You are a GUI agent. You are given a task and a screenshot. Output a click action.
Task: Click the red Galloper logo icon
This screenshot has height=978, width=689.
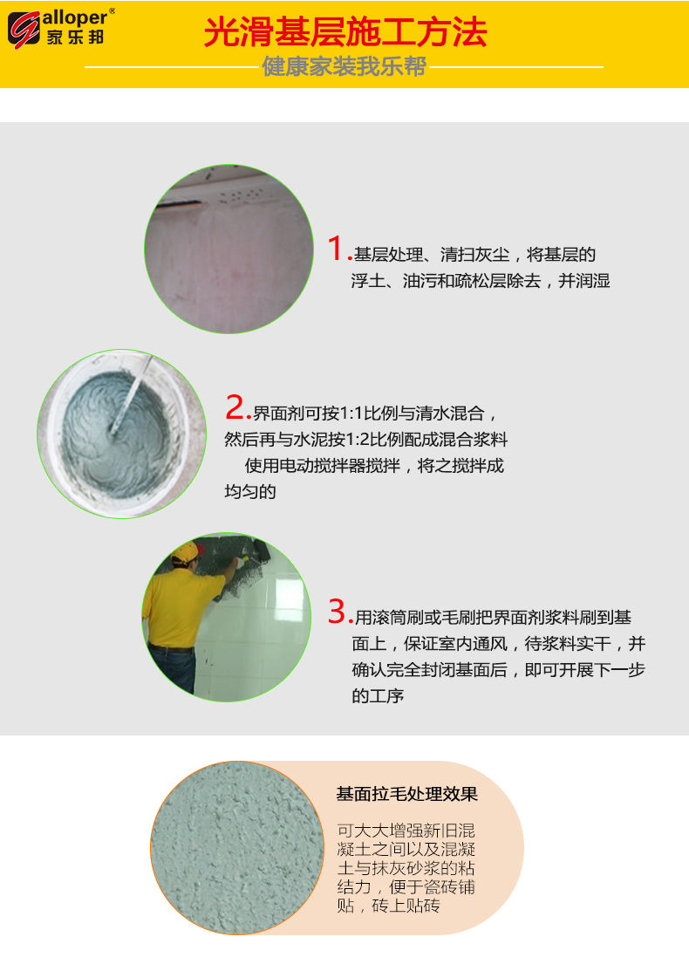(x=24, y=30)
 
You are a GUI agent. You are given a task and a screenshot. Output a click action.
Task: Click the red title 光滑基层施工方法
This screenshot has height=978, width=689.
(x=344, y=32)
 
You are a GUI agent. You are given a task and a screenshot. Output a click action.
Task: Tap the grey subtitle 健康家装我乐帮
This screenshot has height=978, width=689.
(x=344, y=66)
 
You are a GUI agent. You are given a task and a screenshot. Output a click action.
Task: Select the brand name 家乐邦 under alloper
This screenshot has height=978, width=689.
(x=75, y=37)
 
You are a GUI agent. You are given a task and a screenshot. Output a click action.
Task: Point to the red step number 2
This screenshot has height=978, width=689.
(x=236, y=407)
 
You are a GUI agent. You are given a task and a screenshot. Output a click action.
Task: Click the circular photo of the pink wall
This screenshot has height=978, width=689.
(x=229, y=249)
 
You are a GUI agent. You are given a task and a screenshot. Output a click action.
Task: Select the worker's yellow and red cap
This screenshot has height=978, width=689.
(x=187, y=551)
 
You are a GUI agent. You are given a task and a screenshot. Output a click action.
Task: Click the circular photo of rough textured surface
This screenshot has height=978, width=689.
(x=237, y=848)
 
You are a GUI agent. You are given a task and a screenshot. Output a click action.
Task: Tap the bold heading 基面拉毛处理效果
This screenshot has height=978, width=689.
(x=406, y=794)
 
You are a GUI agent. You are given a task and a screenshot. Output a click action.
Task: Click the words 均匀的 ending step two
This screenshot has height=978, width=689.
(x=250, y=492)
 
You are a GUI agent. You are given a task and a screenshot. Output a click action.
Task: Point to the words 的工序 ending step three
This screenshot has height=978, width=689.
(x=378, y=696)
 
